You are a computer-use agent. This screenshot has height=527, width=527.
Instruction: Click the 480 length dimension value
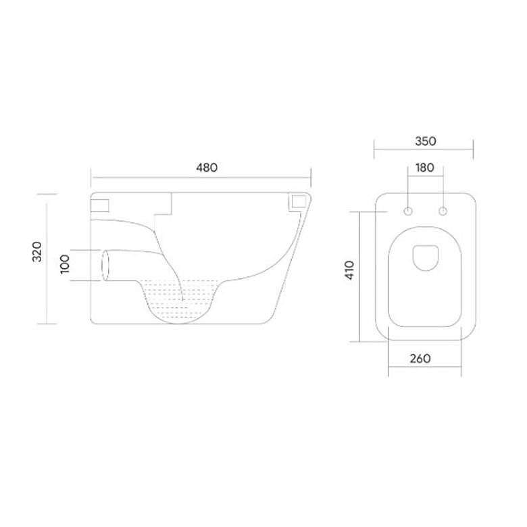coord(207,168)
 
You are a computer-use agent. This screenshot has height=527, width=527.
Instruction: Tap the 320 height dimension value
coord(37,252)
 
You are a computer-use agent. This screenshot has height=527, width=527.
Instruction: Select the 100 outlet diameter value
coord(65,263)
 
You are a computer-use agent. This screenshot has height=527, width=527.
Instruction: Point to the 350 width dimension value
coord(426,141)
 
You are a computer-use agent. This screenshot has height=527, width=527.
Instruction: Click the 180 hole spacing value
coord(425,168)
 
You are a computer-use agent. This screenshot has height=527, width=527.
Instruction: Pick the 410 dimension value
coord(349,270)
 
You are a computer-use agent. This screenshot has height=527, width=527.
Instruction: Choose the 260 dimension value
coord(420,359)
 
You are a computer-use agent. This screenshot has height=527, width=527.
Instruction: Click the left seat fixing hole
coord(408,211)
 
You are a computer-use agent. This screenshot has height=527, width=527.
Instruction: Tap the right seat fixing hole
coord(443,211)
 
